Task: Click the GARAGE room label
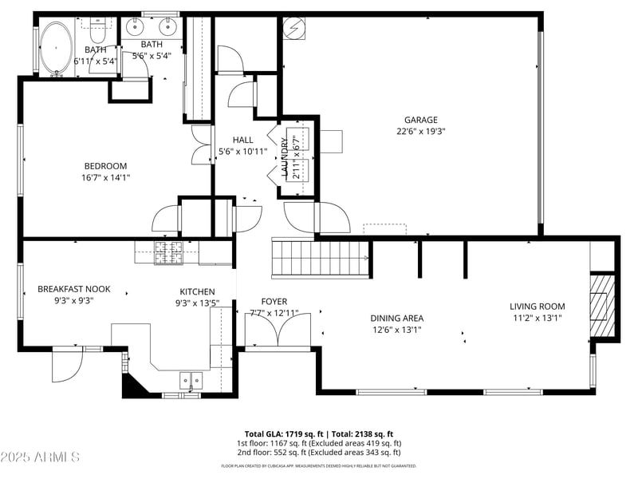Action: point(420,121)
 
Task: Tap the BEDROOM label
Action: point(105,166)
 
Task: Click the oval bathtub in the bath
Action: point(56,48)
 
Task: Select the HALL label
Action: point(242,140)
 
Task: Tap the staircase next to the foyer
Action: point(321,259)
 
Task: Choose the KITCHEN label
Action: point(196,291)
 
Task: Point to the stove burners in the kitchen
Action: point(167,253)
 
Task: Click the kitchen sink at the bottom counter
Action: point(191,381)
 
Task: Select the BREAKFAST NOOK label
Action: point(74,289)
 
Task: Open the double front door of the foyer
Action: point(278,334)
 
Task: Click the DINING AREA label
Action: point(396,318)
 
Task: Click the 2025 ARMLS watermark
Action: point(40,457)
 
